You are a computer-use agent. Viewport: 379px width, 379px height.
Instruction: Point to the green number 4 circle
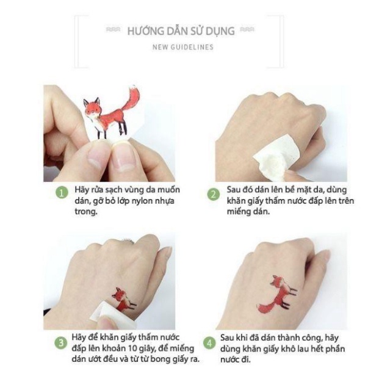(209, 343)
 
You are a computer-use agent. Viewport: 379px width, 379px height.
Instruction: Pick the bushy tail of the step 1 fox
(132, 98)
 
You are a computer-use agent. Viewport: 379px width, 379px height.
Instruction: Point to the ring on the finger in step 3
(127, 242)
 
